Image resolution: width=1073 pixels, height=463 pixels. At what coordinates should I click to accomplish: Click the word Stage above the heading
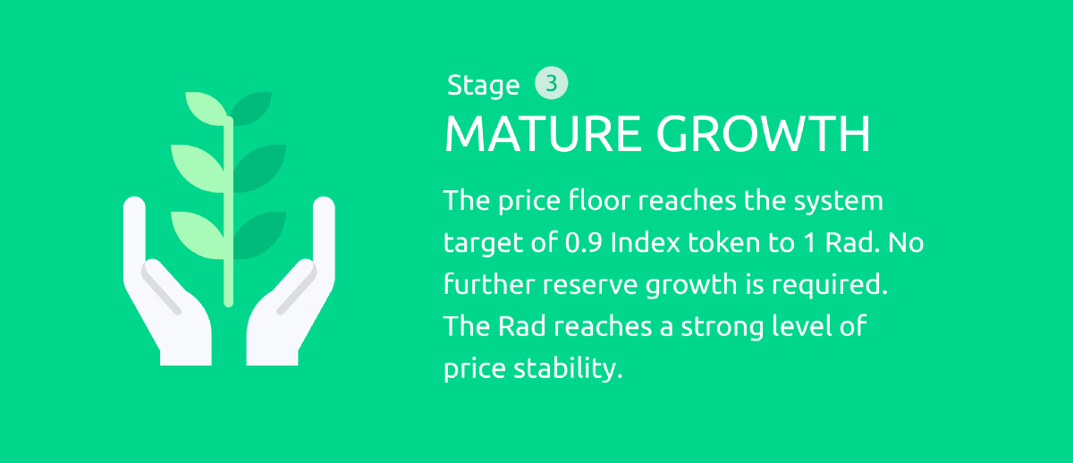point(483,86)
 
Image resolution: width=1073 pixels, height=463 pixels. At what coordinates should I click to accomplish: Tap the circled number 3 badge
point(552,83)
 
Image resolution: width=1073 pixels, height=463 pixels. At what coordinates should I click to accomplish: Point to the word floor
point(599,200)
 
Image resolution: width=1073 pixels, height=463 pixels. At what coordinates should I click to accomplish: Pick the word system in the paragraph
point(838,201)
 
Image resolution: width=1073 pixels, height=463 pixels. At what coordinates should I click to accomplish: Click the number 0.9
point(583,243)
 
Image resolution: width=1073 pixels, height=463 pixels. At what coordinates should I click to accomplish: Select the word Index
point(646,242)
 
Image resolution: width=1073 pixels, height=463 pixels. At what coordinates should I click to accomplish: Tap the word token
point(724,243)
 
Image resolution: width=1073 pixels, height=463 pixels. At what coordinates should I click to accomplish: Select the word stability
point(568,368)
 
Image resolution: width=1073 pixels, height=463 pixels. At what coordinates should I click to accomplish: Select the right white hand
point(291,282)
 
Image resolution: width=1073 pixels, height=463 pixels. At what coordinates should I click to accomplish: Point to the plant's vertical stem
point(229,212)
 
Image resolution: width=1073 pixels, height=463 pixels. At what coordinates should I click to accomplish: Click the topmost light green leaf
point(205,108)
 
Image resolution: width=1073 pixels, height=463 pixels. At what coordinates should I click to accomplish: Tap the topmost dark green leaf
point(251,108)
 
